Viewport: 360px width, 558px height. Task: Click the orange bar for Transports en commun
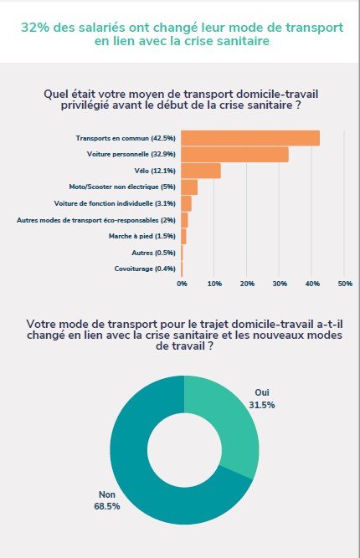(x=250, y=138)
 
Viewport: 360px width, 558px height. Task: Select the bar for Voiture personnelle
(x=234, y=155)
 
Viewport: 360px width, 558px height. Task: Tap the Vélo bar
(x=201, y=171)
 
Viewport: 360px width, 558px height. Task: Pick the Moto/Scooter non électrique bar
(x=189, y=187)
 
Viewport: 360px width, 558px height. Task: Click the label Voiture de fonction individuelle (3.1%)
(x=115, y=203)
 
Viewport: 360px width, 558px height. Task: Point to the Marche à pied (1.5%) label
(x=142, y=236)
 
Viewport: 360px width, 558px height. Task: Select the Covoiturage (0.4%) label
(x=145, y=269)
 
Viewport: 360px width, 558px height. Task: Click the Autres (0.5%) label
(x=153, y=253)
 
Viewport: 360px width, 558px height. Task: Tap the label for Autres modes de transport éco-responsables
(x=96, y=220)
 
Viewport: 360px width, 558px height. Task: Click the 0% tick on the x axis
(x=182, y=284)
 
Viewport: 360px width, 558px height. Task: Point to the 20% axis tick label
(x=247, y=284)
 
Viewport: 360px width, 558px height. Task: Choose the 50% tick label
(x=345, y=284)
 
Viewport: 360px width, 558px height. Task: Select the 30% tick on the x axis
(x=280, y=284)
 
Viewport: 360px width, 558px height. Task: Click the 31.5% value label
(x=262, y=405)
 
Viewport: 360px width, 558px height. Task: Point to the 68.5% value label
(x=107, y=506)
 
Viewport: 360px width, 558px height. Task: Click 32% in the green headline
(x=35, y=28)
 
